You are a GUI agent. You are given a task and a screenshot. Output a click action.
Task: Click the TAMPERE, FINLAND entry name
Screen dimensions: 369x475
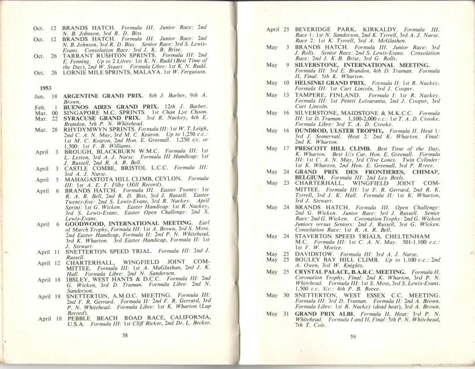point(314,94)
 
